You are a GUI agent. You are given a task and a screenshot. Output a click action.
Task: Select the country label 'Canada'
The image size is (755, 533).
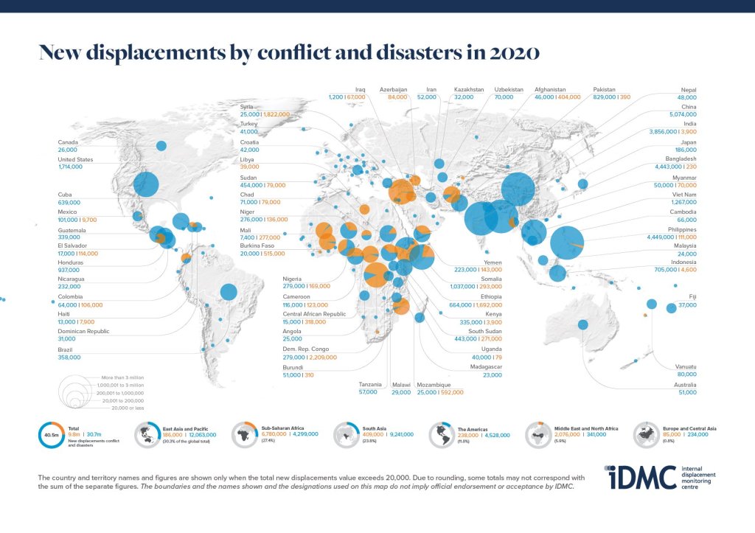68,142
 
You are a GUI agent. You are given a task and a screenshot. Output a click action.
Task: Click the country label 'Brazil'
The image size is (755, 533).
66,349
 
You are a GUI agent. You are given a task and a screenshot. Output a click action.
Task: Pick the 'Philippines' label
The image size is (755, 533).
681,229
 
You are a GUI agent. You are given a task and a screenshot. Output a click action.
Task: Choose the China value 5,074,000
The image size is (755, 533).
681,114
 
